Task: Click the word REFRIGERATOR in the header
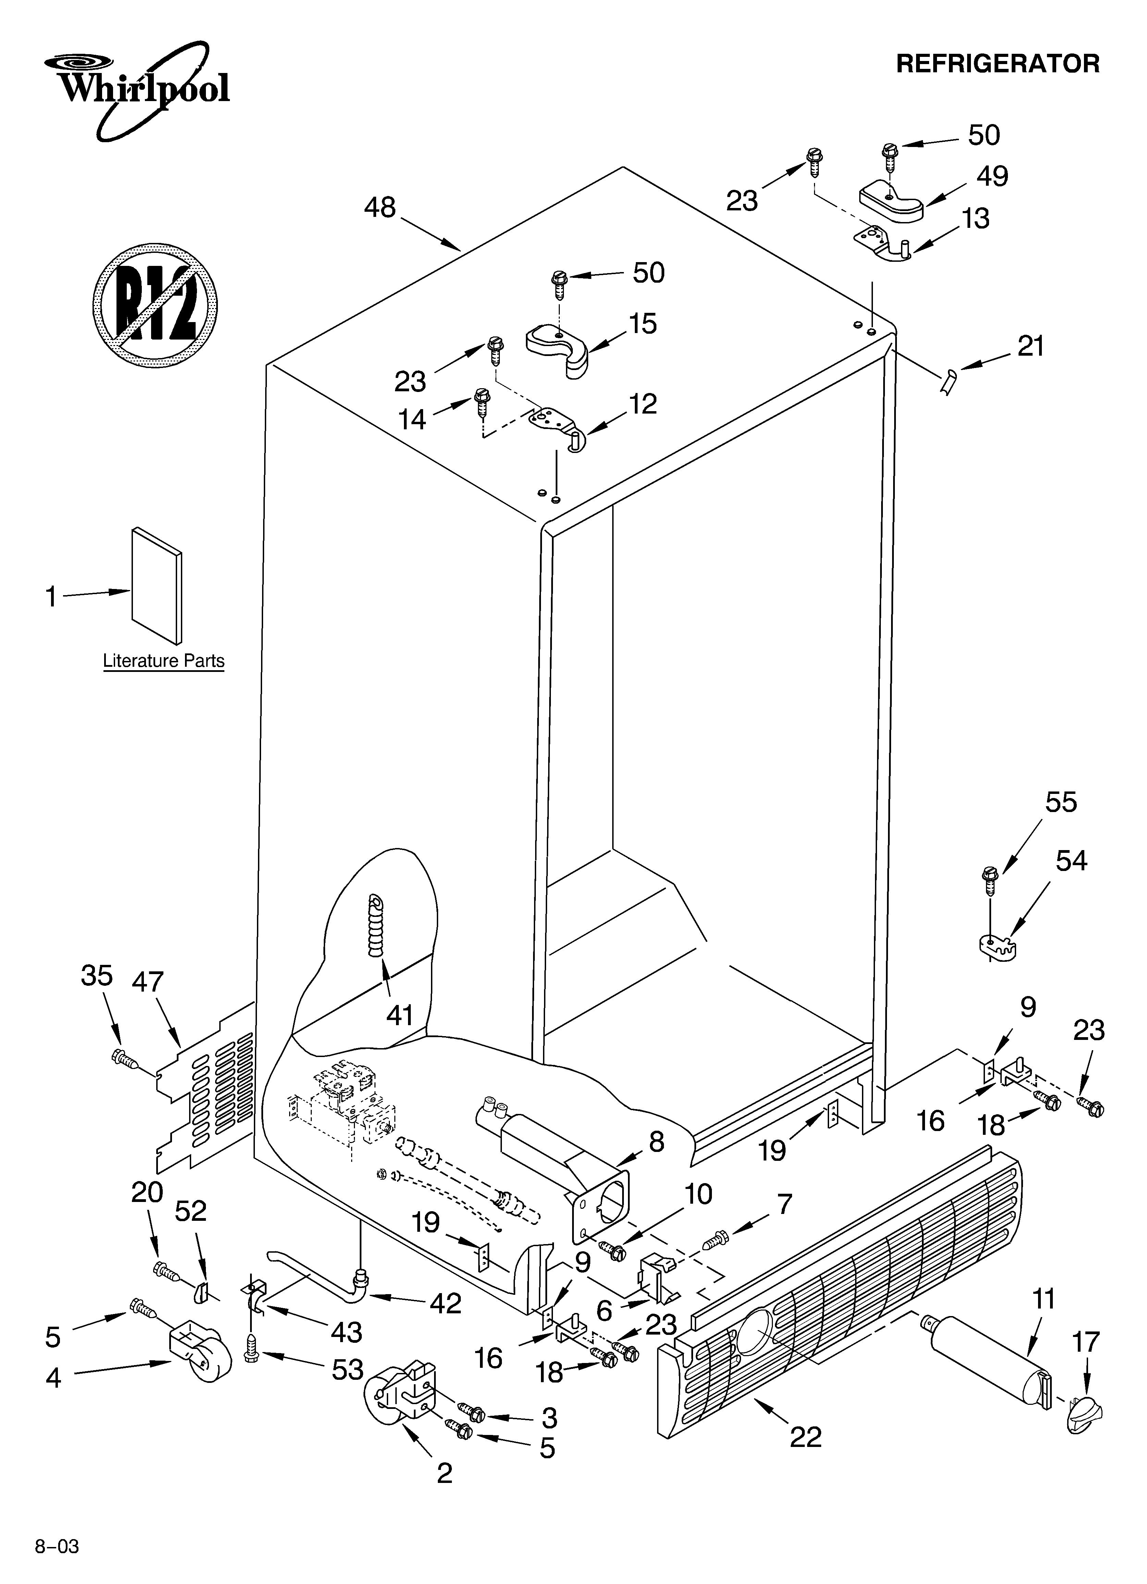coord(998,63)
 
